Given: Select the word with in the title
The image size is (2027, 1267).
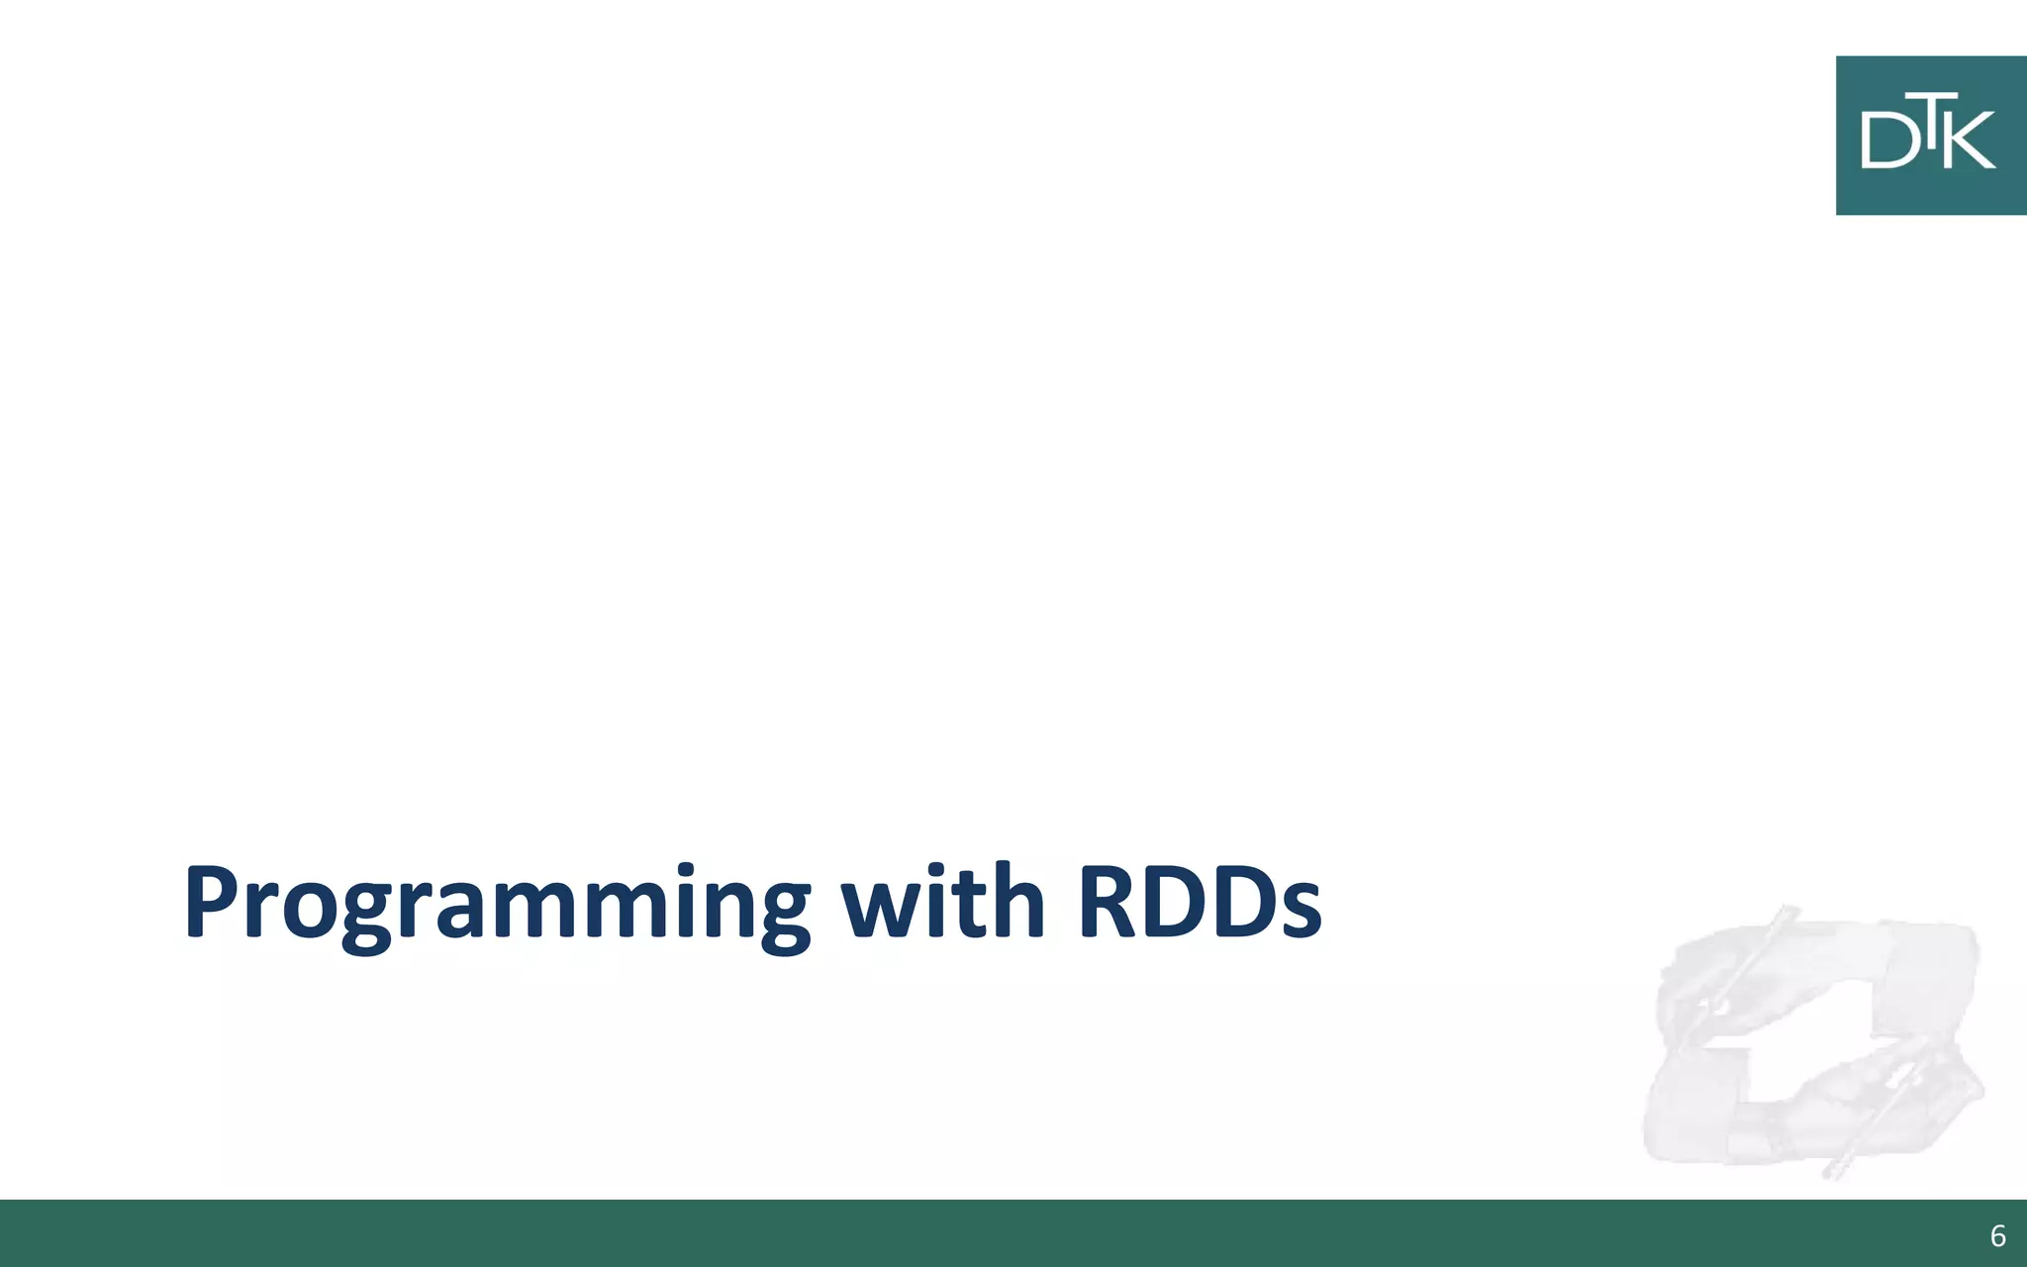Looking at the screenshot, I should [x=942, y=903].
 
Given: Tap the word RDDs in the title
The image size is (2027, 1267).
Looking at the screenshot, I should [x=1200, y=903].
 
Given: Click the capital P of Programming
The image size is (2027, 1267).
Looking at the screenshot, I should [x=212, y=903].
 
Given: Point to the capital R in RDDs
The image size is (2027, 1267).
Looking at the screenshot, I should [x=1110, y=903].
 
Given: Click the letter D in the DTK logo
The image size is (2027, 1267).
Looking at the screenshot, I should [x=1883, y=141].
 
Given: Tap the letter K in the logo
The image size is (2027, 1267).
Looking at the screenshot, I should [x=1970, y=141].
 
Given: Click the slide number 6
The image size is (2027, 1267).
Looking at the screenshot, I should [x=1997, y=1236].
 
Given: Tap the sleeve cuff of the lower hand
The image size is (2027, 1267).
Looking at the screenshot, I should [x=1692, y=1109].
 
